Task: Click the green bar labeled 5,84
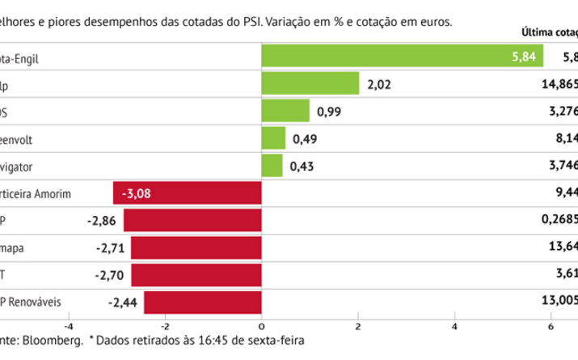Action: tap(402, 58)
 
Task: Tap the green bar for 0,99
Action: tap(285, 112)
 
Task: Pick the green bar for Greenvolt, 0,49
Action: tap(273, 139)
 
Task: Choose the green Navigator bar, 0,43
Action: tap(272, 166)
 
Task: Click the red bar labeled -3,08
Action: tap(188, 193)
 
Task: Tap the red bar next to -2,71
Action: tap(196, 248)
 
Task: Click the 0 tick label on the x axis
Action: tap(262, 326)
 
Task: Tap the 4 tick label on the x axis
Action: tap(454, 326)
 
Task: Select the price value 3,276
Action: tap(562, 112)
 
